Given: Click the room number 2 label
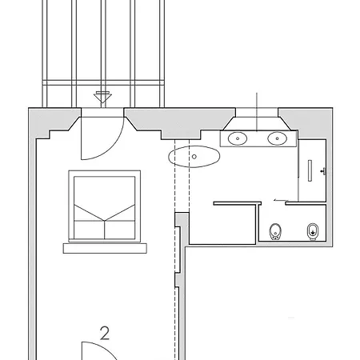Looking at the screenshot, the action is pos(105,334).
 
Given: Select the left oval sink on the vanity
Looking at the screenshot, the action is pos(238,138).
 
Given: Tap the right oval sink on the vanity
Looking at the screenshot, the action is pos(278,138).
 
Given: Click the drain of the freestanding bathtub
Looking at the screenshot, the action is pos(194,157).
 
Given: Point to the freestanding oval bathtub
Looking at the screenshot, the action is pos(194,157).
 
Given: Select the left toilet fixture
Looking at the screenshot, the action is pos(275,231).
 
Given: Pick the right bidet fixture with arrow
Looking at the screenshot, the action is pos(313,231).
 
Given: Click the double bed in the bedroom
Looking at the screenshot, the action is pos(105,206).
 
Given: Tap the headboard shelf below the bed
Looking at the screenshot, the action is pos(105,248).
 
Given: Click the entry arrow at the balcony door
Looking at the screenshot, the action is pos(102,98).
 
